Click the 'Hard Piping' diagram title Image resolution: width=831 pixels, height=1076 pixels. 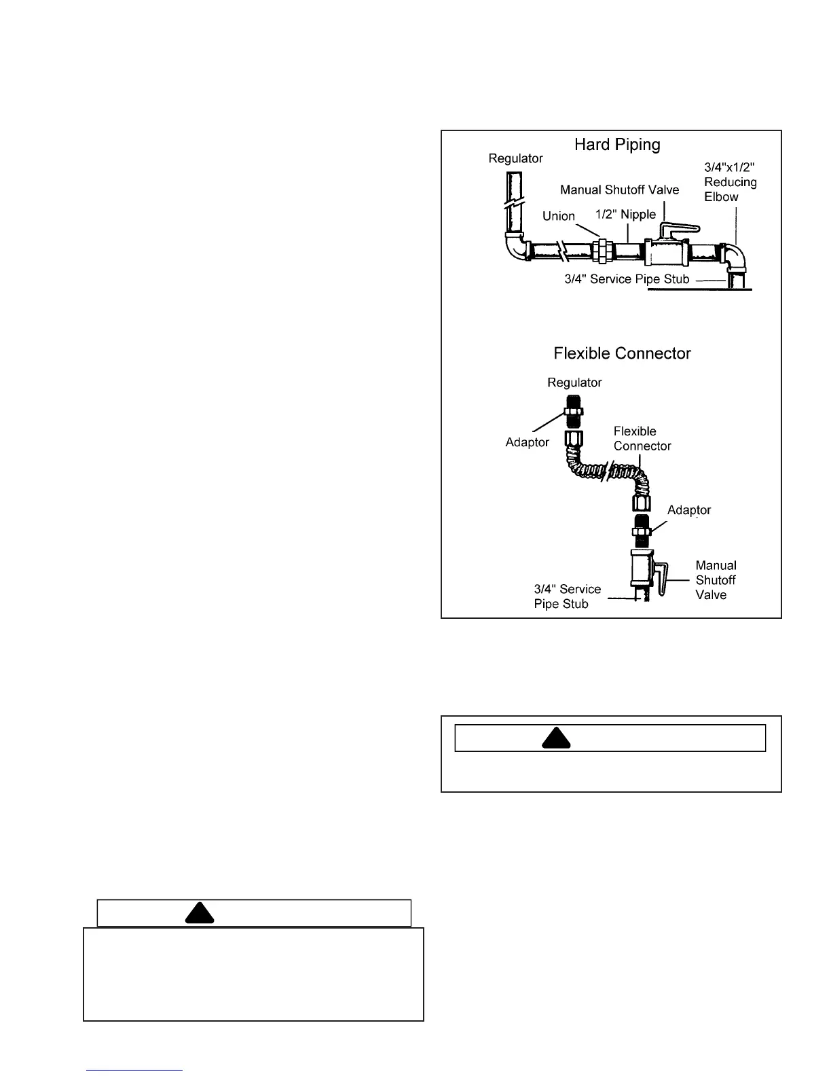(x=616, y=145)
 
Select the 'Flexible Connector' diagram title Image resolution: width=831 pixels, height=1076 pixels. (x=622, y=353)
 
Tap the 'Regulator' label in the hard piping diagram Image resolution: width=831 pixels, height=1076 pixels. (x=515, y=158)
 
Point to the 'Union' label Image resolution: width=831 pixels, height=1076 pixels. (x=559, y=216)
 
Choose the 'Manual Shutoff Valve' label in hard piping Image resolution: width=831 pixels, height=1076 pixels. (x=619, y=190)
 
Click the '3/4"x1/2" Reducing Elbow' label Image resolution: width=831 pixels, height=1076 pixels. (x=730, y=182)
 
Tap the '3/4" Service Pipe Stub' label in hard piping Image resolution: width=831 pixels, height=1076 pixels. (x=627, y=279)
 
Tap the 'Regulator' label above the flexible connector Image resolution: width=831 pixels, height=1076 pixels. (x=574, y=382)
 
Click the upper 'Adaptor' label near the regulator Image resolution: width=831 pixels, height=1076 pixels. (x=527, y=442)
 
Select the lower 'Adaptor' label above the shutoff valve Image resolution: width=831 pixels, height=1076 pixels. (x=688, y=510)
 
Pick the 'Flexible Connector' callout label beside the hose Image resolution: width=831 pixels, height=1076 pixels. (x=642, y=439)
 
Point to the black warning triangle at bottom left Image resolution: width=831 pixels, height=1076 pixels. (x=200, y=913)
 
